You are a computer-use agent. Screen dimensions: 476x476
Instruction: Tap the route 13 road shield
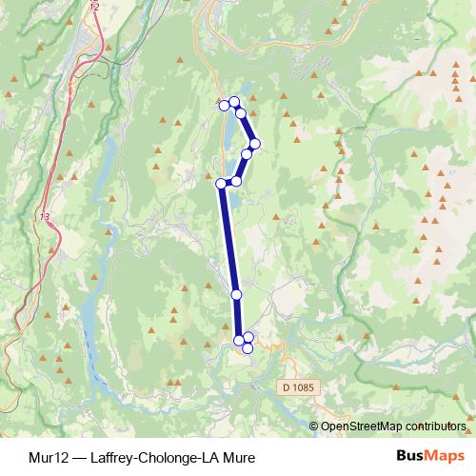coord(45,218)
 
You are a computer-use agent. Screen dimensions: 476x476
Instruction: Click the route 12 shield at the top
coord(92,7)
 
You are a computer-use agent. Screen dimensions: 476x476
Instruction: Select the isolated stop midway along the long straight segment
coord(236,295)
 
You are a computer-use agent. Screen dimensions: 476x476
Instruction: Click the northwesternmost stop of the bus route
coord(224,103)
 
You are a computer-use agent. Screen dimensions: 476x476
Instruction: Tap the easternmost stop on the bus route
coord(255,143)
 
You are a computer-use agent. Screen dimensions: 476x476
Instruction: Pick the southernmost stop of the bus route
coord(248,347)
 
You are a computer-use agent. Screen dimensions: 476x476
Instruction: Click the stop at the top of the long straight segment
coord(222,184)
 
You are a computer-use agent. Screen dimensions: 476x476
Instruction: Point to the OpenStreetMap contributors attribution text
coord(393,426)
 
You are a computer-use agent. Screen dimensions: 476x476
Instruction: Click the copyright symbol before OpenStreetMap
coord(315,426)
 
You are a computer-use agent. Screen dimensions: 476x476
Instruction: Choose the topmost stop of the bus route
coord(234,101)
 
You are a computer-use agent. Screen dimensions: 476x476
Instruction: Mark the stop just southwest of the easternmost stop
coord(247,153)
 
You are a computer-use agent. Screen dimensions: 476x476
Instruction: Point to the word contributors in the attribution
coord(433,426)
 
